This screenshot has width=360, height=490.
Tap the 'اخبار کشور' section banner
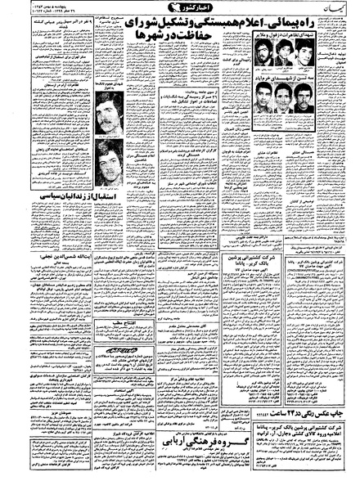[182, 14]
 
